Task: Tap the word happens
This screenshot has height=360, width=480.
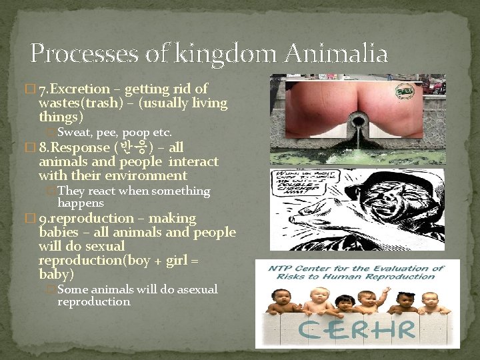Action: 81,203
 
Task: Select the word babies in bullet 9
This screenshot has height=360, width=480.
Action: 60,233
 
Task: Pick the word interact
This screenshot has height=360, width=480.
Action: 194,162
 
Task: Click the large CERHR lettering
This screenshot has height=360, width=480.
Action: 357,329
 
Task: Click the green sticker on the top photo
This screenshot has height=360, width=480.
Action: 403,91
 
